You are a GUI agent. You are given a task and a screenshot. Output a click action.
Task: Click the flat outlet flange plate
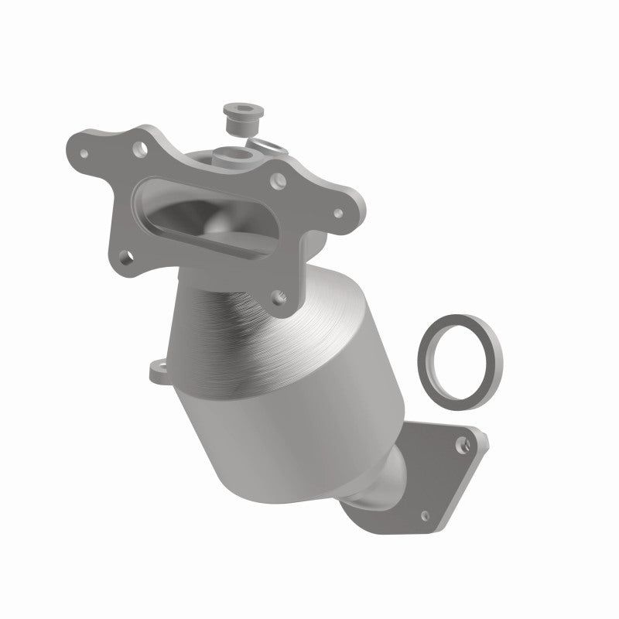pyautogui.click(x=437, y=472)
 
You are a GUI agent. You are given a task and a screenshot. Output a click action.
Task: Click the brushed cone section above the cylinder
pyautogui.click(x=255, y=317)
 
